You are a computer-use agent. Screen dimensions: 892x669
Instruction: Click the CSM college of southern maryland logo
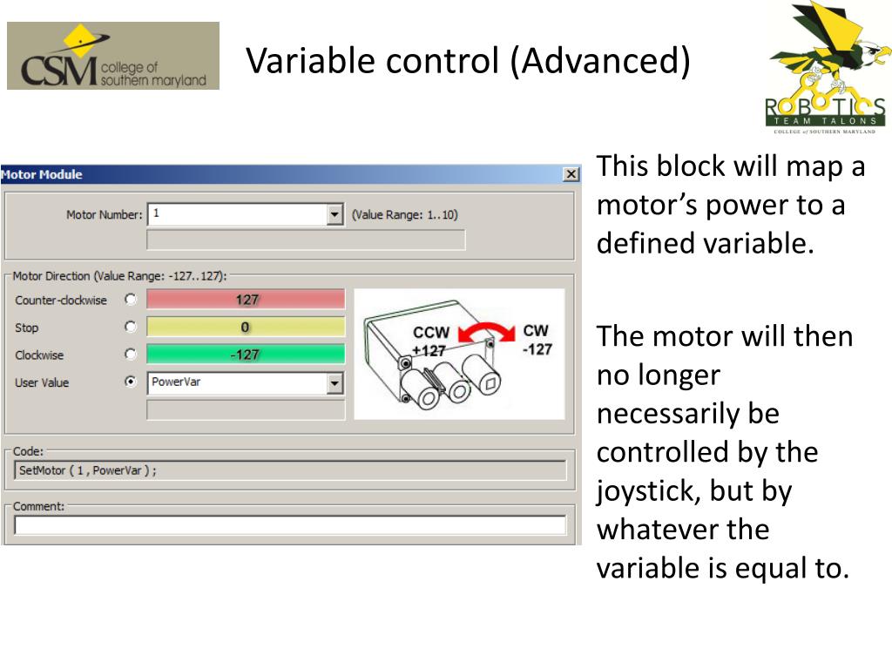(x=113, y=56)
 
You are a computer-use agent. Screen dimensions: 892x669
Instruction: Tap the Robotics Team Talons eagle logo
(x=826, y=68)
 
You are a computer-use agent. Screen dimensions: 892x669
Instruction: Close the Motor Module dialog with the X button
(x=571, y=174)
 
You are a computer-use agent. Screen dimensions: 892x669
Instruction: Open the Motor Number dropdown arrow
(x=334, y=214)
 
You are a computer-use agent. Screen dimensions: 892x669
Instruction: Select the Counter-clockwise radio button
(x=131, y=300)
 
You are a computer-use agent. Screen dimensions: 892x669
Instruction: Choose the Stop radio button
(x=131, y=328)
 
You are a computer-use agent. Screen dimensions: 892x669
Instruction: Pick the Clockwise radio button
(x=131, y=355)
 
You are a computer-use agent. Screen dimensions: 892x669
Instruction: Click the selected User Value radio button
(x=131, y=382)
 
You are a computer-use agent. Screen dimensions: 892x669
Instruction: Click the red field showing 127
(x=246, y=300)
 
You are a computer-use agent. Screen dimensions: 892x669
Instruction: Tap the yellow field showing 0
(x=246, y=328)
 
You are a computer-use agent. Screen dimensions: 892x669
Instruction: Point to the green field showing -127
(x=246, y=355)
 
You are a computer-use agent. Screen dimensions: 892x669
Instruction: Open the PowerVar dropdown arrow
(x=334, y=382)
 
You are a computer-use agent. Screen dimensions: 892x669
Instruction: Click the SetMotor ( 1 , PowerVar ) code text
(x=87, y=470)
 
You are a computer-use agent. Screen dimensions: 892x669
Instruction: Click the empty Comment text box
(x=290, y=525)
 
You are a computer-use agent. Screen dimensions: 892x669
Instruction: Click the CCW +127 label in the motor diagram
(x=431, y=341)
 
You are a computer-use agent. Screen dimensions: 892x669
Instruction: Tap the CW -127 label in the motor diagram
(x=537, y=340)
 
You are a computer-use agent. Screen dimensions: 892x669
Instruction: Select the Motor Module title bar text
(x=42, y=174)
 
